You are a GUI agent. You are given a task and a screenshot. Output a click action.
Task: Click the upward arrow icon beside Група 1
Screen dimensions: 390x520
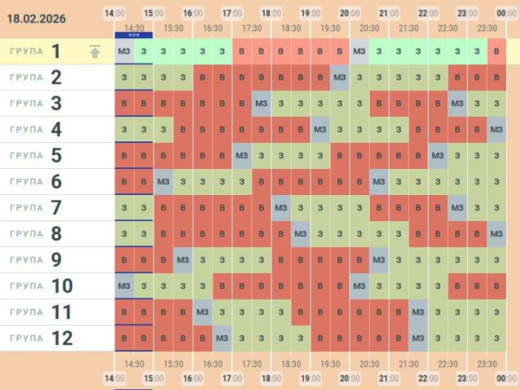pyautogui.click(x=95, y=52)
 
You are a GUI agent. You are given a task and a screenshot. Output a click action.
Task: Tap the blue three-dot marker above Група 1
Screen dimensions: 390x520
pyautogui.click(x=133, y=36)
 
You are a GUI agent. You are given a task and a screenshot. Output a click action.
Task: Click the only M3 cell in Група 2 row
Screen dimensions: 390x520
pyautogui.click(x=340, y=78)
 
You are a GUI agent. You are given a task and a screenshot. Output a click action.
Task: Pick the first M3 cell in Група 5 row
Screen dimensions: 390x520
pyautogui.click(x=242, y=156)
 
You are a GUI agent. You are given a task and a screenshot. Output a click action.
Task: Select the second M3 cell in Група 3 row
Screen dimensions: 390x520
pyautogui.click(x=457, y=104)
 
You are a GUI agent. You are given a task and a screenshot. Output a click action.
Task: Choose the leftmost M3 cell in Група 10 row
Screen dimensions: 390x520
pyautogui.click(x=123, y=286)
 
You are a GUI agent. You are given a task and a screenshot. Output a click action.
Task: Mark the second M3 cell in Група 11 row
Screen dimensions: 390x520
pyautogui.click(x=418, y=312)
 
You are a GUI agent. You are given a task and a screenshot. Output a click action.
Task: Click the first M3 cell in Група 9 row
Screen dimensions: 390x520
pyautogui.click(x=183, y=260)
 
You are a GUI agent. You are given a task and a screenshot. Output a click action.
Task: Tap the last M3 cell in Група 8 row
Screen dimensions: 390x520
pyautogui.click(x=497, y=234)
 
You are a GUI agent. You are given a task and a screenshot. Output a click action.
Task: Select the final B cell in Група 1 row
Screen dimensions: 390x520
pyautogui.click(x=497, y=52)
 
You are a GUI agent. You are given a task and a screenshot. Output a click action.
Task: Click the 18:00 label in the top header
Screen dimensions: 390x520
pyautogui.click(x=271, y=13)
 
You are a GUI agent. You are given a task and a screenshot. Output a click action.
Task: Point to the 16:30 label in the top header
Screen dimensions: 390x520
pyautogui.click(x=212, y=28)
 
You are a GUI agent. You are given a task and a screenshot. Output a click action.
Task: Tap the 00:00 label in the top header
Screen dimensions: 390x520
pyautogui.click(x=506, y=13)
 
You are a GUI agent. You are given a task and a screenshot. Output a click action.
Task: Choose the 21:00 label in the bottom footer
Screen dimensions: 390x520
pyautogui.click(x=388, y=379)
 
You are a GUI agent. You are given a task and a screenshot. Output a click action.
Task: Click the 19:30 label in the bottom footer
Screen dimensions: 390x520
pyautogui.click(x=330, y=364)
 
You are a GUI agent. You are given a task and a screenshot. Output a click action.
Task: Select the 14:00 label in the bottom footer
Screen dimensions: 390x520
pyautogui.click(x=115, y=379)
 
